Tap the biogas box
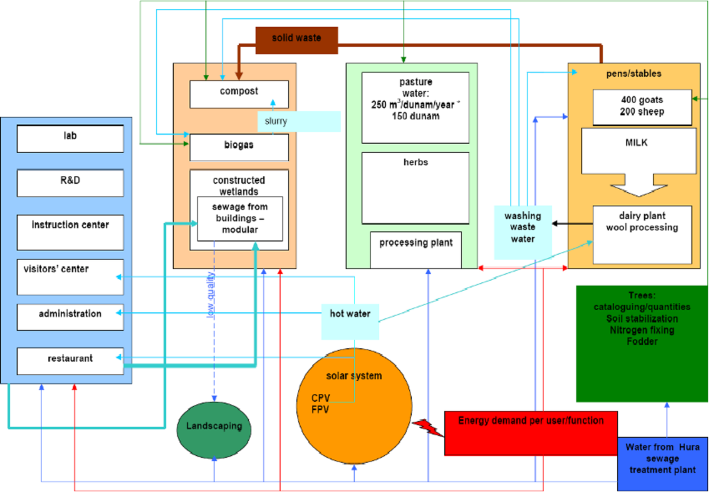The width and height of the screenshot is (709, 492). click(x=239, y=146)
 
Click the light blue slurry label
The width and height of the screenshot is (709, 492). click(x=299, y=121)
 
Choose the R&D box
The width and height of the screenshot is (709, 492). click(x=70, y=183)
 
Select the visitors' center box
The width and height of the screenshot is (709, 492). click(x=70, y=276)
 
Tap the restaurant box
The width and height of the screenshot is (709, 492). click(x=70, y=360)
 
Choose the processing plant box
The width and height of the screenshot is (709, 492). click(x=417, y=249)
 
